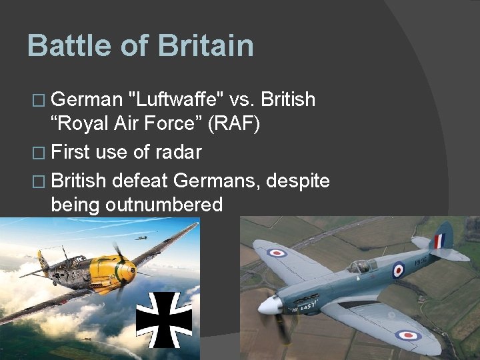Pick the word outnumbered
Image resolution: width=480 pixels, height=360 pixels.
(163, 205)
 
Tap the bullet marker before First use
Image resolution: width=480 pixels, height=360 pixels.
(41, 153)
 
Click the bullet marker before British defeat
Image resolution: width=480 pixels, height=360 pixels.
(41, 180)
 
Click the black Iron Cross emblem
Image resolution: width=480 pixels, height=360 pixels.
(164, 319)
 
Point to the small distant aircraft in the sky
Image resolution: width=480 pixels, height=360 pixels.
(141, 237)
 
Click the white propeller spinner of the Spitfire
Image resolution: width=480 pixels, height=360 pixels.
(269, 305)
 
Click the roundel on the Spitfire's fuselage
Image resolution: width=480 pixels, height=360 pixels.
(398, 269)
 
